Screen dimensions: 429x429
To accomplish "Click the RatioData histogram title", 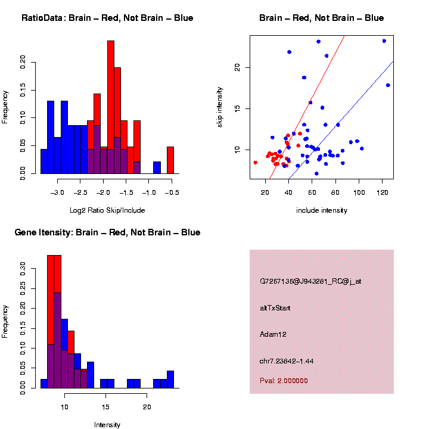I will pyautogui.click(x=107, y=18).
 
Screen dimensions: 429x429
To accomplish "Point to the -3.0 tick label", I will pyautogui.click(x=57, y=194).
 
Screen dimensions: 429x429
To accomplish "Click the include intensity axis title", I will pyautogui.click(x=321, y=210).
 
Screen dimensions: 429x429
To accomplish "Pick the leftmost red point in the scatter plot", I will pyautogui.click(x=256, y=162).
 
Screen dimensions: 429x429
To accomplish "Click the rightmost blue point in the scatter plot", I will pyautogui.click(x=388, y=85).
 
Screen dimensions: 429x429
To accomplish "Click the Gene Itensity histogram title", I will pyautogui.click(x=107, y=232).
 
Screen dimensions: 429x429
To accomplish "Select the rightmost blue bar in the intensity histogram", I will pyautogui.click(x=170, y=380).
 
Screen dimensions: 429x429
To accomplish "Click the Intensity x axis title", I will pyautogui.click(x=107, y=425).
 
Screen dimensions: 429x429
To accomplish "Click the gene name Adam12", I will pyautogui.click(x=273, y=335).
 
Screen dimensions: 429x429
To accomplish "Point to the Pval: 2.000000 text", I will pyautogui.click(x=284, y=381).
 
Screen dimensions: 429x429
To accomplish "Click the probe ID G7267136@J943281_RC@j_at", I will pyautogui.click(x=310, y=281).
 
